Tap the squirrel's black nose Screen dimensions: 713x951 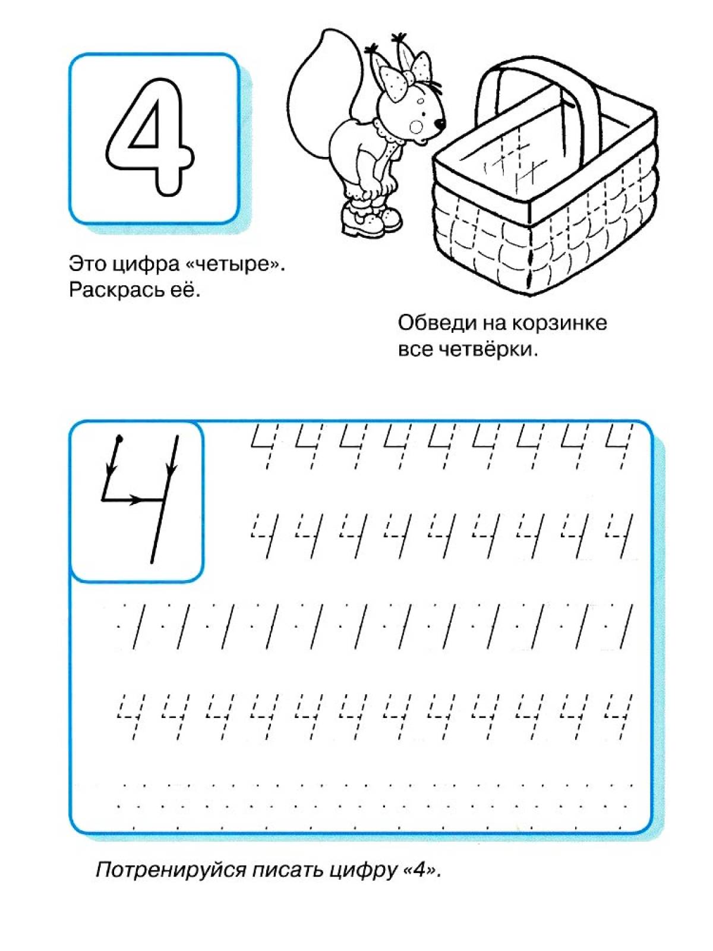pos(440,124)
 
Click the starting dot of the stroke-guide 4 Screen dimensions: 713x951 pos(119,439)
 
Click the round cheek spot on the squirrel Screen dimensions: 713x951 pos(417,127)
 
